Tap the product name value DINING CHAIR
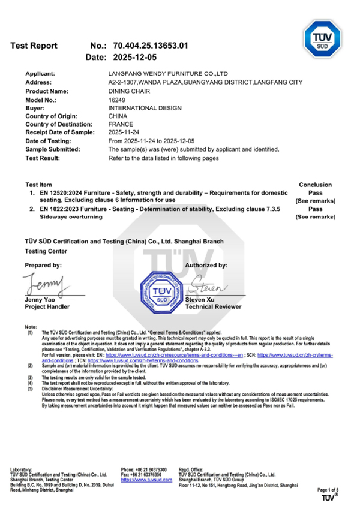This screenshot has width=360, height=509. [x=127, y=91]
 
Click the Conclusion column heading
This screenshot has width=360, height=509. [x=315, y=185]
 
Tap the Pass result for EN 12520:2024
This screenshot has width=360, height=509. [x=315, y=193]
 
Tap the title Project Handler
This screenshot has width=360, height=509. [x=47, y=306]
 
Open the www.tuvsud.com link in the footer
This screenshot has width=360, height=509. [x=146, y=480]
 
